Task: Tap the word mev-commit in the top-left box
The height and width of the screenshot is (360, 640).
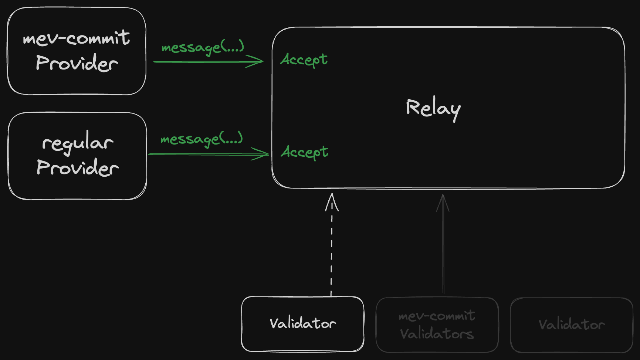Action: (x=76, y=38)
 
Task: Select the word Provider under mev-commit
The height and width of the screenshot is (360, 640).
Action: (x=77, y=63)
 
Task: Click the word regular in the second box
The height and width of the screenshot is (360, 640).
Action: (x=78, y=143)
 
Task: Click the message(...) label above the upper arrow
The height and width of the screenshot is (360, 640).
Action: (x=203, y=47)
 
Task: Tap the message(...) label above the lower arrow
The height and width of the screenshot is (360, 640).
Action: (x=202, y=139)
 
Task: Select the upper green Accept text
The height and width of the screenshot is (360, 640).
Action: (x=304, y=60)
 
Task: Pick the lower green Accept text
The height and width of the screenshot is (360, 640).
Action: (x=304, y=152)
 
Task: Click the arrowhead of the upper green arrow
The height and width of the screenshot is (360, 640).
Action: (x=259, y=61)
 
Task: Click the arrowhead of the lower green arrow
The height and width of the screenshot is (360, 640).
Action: (x=264, y=154)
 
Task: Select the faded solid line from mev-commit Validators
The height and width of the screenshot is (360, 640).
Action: (x=443, y=255)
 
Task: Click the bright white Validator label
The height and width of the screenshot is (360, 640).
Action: (x=302, y=323)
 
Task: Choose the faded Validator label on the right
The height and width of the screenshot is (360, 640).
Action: (x=572, y=325)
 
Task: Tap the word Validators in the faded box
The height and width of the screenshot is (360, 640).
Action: (x=437, y=334)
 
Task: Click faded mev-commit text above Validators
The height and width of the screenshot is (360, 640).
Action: (x=437, y=316)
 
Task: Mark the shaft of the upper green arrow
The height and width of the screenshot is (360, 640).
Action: (x=200, y=62)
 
